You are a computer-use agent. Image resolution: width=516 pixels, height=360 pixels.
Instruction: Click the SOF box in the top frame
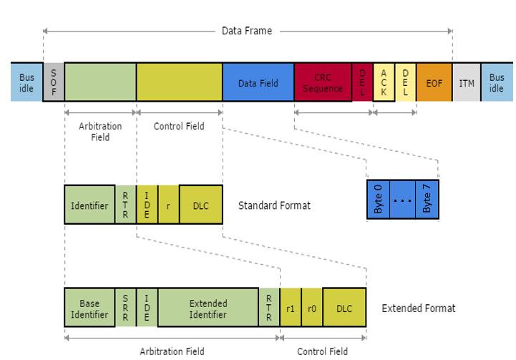(53, 82)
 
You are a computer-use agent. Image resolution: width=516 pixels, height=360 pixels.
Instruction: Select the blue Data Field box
(258, 82)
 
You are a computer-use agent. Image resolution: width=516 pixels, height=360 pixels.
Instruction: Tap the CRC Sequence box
(322, 82)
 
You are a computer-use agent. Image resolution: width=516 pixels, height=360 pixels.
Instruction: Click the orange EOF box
(434, 82)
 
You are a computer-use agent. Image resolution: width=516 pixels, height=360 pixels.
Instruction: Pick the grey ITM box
(466, 82)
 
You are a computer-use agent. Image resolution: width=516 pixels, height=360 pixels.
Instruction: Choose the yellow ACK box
(384, 82)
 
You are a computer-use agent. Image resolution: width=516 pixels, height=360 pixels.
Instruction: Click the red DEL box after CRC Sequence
(362, 82)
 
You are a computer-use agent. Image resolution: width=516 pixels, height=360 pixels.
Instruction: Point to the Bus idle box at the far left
(26, 82)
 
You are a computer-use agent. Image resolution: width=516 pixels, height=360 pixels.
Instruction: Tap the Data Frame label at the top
(247, 31)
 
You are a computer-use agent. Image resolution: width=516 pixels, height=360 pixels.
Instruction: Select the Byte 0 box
(379, 200)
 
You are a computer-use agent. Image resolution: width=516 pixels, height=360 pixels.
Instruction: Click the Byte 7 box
(427, 200)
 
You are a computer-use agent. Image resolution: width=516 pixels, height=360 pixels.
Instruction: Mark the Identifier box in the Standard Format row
(89, 205)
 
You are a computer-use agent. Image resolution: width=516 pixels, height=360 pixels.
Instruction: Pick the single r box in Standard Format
(168, 205)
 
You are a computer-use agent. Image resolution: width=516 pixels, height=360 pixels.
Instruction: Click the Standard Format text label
(274, 205)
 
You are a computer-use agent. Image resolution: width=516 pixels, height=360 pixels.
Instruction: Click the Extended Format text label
(418, 308)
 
